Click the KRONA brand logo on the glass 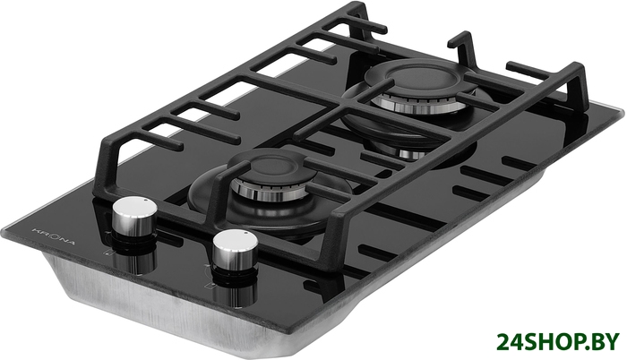pyautogui.click(x=53, y=236)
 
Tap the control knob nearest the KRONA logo pyautogui.click(x=134, y=219)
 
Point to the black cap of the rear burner pyautogui.click(x=417, y=78)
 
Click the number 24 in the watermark pyautogui.click(x=511, y=343)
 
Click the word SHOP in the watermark pyautogui.click(x=553, y=343)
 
